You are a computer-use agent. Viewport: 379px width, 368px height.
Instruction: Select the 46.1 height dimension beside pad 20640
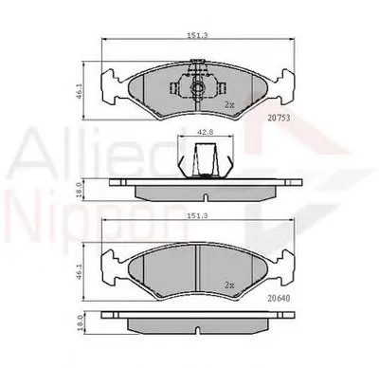pos(84,270)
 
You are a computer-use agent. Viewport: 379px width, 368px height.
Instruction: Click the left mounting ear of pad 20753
pos(112,88)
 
